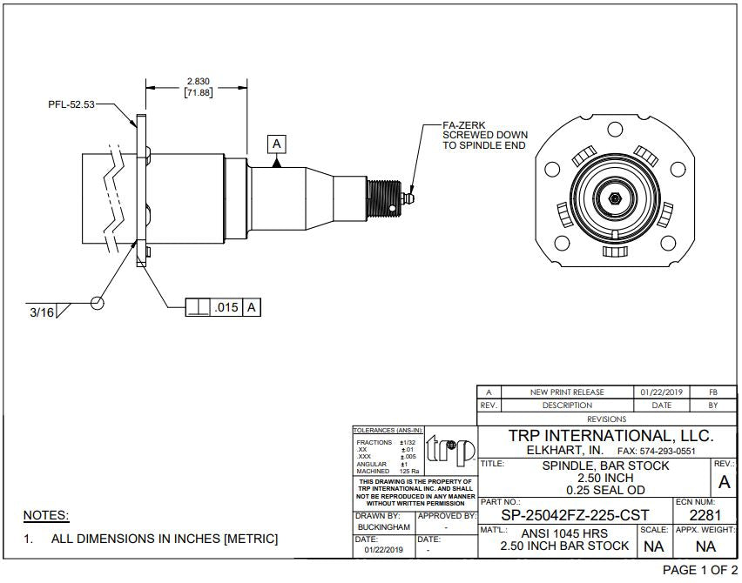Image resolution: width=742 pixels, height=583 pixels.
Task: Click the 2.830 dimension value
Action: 198,82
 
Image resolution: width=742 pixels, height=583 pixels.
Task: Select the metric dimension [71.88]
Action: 198,93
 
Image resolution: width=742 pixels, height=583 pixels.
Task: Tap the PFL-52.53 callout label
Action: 71,104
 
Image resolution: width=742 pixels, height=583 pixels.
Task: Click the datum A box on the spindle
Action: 277,144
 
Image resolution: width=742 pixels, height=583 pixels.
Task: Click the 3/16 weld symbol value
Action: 39,311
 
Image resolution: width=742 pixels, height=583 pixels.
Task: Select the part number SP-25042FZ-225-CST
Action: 575,515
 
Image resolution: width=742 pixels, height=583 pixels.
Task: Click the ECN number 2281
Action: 705,515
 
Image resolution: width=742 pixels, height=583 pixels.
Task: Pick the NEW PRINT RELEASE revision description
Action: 567,392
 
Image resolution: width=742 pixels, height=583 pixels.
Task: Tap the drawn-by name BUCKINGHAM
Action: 384,527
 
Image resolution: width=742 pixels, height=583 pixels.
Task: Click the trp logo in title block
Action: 450,450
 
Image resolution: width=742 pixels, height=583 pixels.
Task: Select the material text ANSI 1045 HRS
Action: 565,533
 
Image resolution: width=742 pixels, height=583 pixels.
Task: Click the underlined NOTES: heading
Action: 45,515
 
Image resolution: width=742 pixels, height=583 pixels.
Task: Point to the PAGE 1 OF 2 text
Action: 699,570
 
